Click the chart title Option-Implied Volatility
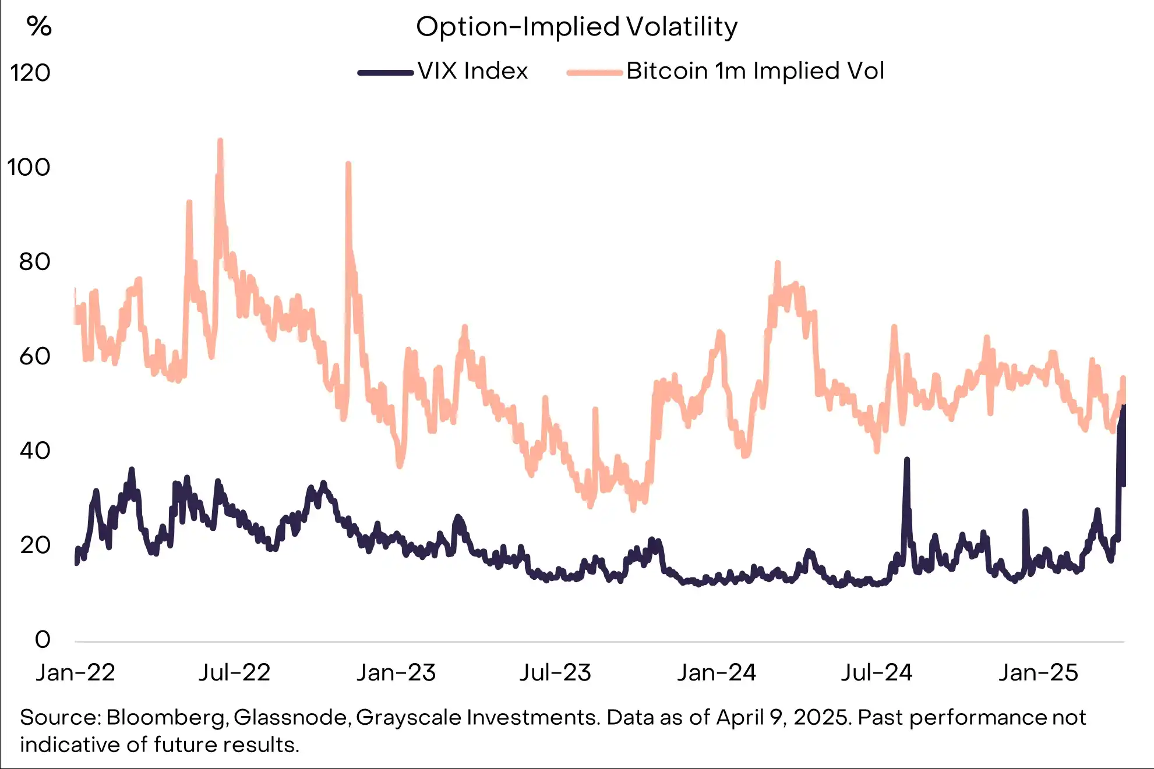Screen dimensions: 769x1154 (577, 27)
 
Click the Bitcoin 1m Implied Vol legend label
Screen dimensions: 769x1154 (755, 71)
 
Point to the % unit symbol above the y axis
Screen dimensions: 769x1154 (39, 26)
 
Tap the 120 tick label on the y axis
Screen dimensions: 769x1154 (30, 73)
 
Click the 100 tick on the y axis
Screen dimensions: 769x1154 (29, 168)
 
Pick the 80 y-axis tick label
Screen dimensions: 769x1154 (34, 262)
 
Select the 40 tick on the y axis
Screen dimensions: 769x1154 (34, 451)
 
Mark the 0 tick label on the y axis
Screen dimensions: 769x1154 (43, 639)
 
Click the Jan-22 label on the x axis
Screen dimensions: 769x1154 (76, 673)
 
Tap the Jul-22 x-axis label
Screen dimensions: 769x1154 (235, 673)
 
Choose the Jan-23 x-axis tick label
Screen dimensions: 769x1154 (396, 673)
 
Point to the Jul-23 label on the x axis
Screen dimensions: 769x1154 (555, 673)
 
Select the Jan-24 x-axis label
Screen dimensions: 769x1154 (717, 673)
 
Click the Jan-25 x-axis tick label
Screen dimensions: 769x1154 (1038, 673)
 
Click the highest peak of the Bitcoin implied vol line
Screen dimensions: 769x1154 (220, 141)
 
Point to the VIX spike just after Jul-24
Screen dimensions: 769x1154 (906, 460)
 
